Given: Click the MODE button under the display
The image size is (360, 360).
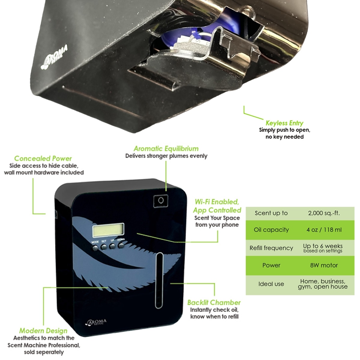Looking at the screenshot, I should [95, 247].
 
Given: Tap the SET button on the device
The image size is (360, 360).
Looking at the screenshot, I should [104, 247].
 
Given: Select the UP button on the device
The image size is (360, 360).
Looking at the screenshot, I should [112, 246].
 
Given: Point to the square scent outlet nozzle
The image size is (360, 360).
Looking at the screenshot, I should [160, 201].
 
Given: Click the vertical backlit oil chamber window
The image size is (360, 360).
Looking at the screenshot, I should [160, 280].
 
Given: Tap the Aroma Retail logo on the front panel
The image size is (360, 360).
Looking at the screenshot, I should [96, 322].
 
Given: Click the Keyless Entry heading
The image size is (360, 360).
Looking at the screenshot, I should [284, 123].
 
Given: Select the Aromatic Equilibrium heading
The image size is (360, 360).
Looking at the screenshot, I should [166, 148].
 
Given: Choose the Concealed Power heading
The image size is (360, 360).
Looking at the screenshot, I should [43, 158].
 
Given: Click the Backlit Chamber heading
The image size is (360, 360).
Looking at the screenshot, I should [214, 302].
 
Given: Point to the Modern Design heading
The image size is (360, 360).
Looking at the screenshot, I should [43, 331].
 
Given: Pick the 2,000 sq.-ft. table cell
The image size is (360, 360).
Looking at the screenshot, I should [324, 213].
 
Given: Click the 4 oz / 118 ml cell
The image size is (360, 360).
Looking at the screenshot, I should [324, 230].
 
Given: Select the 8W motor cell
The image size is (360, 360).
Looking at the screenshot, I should [324, 265].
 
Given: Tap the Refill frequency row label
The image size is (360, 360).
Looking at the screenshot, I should [271, 248].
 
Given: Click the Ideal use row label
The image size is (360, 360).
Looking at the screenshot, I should [271, 284].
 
